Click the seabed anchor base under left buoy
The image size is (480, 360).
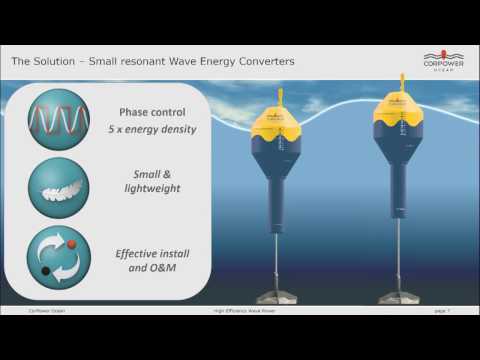(x=281, y=296)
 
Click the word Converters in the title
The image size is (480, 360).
(x=263, y=61)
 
